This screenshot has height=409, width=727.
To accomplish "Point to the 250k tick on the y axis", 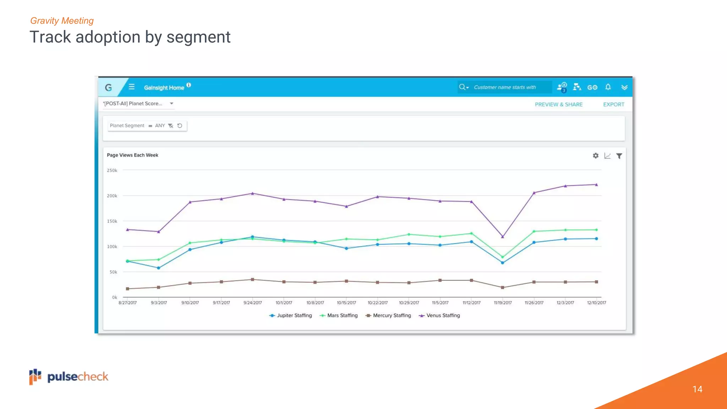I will [x=112, y=170].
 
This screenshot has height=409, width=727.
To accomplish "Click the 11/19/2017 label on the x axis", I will [x=503, y=303].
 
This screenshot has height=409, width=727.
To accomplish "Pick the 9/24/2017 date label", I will [x=252, y=303].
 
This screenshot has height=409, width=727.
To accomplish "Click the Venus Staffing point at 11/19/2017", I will [x=502, y=237].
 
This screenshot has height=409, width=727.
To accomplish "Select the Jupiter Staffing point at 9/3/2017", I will [x=159, y=268].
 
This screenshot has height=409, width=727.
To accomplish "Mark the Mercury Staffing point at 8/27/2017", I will [x=127, y=289].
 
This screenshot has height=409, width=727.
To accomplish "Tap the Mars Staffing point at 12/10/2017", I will [x=596, y=230].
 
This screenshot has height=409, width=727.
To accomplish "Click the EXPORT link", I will [x=613, y=104].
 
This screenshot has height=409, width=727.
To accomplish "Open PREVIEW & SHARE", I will [x=558, y=104].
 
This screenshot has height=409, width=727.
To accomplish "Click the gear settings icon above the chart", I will [x=596, y=156].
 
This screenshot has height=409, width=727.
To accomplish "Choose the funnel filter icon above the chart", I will [x=619, y=156].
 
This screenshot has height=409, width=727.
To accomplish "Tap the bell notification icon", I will [x=608, y=87].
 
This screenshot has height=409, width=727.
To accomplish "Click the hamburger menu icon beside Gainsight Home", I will [x=132, y=87].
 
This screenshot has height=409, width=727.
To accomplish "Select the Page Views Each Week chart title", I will [x=132, y=155].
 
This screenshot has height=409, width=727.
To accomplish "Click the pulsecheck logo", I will [x=69, y=377].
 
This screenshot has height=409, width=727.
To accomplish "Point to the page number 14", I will [x=697, y=389].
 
